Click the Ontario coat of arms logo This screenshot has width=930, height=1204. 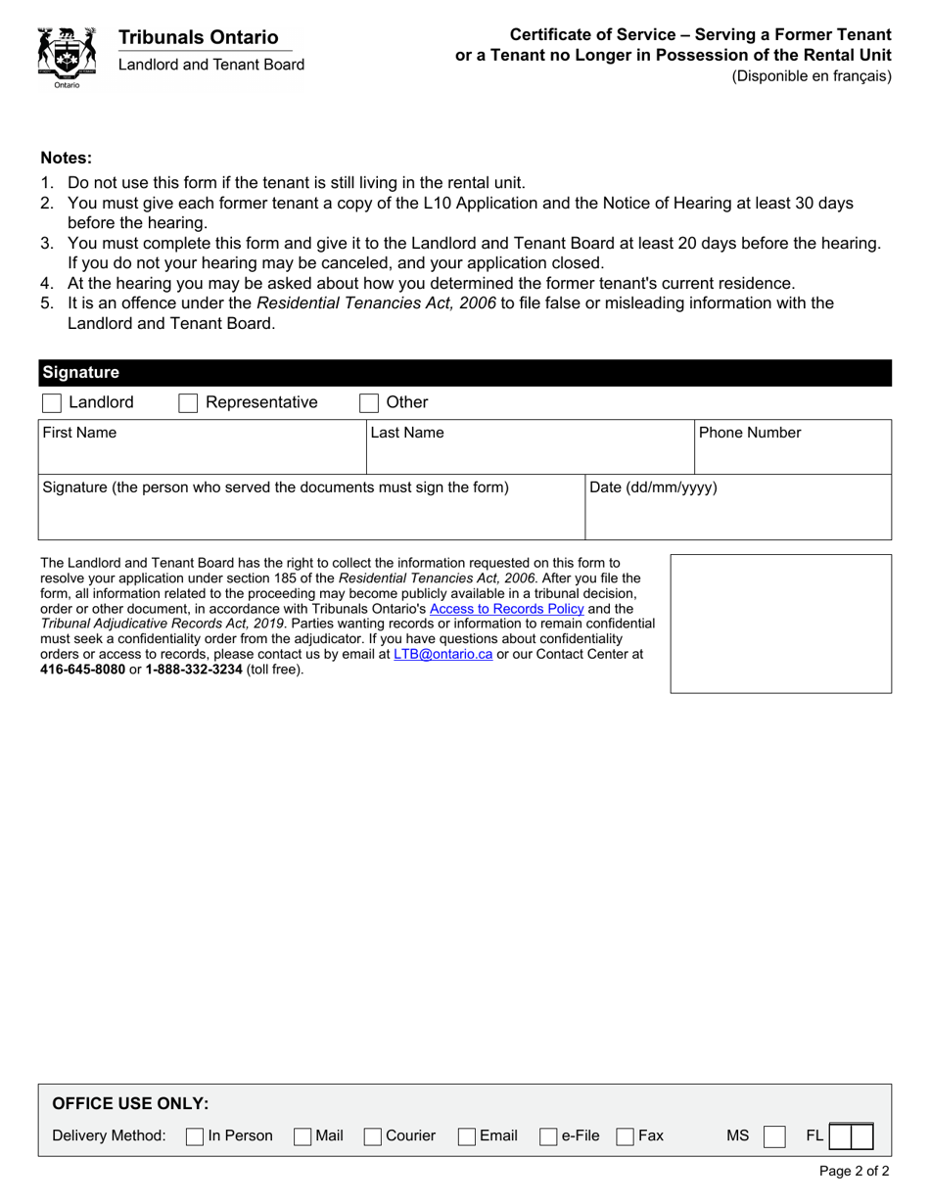[x=67, y=57]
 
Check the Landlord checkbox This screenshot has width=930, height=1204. [x=53, y=403]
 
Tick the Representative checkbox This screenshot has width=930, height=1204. [x=189, y=403]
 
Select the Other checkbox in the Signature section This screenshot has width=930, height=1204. [x=369, y=403]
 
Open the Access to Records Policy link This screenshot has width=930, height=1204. [x=506, y=609]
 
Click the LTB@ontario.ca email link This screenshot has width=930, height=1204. [x=442, y=654]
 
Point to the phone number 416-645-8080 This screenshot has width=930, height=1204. [x=82, y=670]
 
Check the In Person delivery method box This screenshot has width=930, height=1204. [x=195, y=1136]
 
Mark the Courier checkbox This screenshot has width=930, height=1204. [x=372, y=1136]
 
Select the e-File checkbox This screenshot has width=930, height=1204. [x=548, y=1136]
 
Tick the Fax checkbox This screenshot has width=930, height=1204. [x=625, y=1136]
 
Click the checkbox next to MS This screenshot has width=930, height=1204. [x=773, y=1136]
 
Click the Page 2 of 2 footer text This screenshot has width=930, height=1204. [x=854, y=1171]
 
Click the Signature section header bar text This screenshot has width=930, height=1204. [x=81, y=373]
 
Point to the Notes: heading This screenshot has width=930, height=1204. [x=67, y=158]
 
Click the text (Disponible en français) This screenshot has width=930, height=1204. [x=812, y=76]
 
